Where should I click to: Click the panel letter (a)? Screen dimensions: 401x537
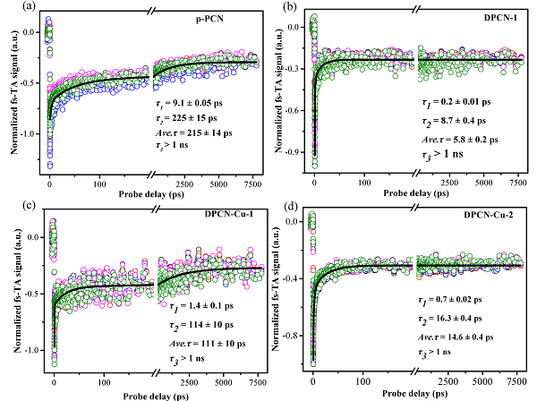coord(12,7)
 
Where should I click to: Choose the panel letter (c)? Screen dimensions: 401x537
coord(12,208)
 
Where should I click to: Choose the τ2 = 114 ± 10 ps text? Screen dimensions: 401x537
coord(195,325)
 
